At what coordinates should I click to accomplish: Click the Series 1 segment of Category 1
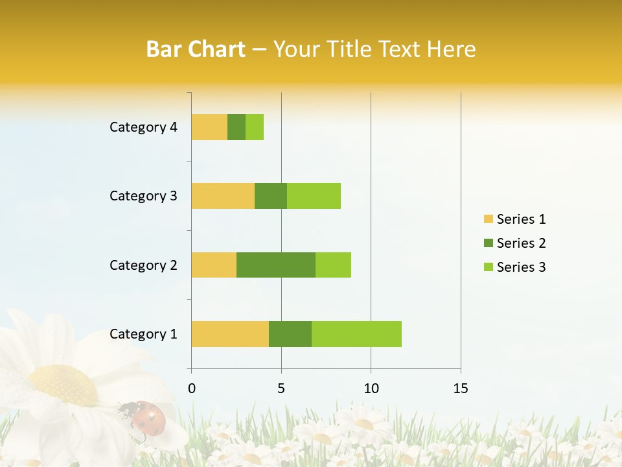pyautogui.click(x=230, y=334)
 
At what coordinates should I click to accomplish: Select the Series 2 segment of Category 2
pyautogui.click(x=276, y=265)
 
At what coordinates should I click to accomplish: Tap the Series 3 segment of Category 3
pyautogui.click(x=314, y=196)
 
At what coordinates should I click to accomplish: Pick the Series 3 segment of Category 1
pyautogui.click(x=356, y=334)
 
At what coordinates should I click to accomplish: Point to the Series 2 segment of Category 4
pyautogui.click(x=236, y=127)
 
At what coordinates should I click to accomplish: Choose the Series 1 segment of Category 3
pyautogui.click(x=223, y=196)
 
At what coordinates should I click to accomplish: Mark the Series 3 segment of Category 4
pyautogui.click(x=255, y=127)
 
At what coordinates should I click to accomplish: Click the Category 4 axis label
pyautogui.click(x=143, y=127)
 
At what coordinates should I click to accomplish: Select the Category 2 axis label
pyautogui.click(x=143, y=265)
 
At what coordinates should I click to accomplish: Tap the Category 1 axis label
pyautogui.click(x=143, y=334)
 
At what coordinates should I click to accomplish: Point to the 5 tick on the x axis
pyautogui.click(x=281, y=389)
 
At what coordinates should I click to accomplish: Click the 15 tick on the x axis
pyautogui.click(x=460, y=389)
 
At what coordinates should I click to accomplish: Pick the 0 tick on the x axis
pyautogui.click(x=192, y=389)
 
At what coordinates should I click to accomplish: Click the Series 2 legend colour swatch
pyautogui.click(x=489, y=243)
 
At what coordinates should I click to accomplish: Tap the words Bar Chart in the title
pyautogui.click(x=196, y=49)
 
